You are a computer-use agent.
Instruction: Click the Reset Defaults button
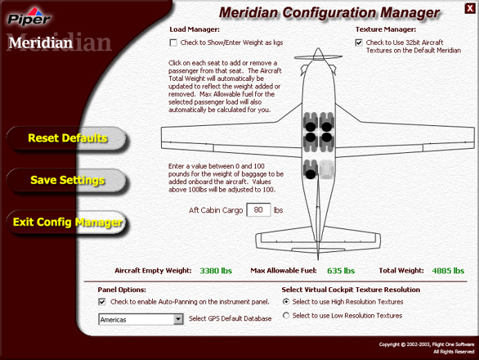click(66, 138)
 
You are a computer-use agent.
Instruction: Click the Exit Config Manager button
click(66, 223)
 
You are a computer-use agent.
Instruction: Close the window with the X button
click(469, 8)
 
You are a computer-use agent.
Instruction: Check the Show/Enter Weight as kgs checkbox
click(173, 43)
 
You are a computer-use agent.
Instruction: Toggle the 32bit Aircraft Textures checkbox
click(359, 43)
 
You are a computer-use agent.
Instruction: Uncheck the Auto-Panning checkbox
click(102, 302)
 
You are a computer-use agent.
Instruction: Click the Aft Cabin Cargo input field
click(258, 209)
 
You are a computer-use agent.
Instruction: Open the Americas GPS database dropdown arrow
click(178, 320)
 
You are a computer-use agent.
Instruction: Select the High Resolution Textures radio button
click(286, 302)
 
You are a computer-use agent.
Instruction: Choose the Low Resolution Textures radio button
click(286, 315)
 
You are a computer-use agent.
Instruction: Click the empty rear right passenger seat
click(327, 169)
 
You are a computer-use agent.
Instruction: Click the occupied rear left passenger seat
click(311, 169)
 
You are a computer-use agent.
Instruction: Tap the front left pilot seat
click(311, 122)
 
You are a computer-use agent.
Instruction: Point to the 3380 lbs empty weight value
click(216, 271)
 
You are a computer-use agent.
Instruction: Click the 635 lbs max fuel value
click(341, 271)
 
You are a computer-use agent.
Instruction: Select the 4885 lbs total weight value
click(448, 271)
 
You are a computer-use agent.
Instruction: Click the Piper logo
click(29, 17)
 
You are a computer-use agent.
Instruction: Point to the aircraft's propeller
click(318, 56)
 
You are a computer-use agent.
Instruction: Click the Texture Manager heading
click(386, 29)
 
